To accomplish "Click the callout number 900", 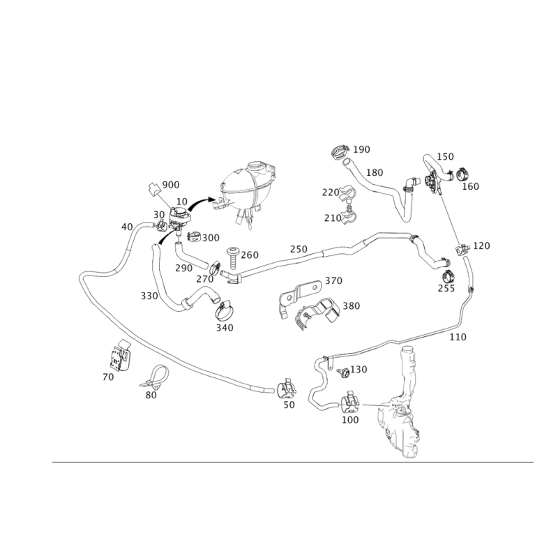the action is (x=171, y=185).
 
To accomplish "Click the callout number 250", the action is (x=299, y=249).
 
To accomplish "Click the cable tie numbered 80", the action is (x=155, y=377).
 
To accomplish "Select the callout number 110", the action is (x=458, y=337).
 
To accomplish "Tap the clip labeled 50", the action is (x=286, y=389).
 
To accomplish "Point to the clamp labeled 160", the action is (x=463, y=174).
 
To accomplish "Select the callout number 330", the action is (x=149, y=296).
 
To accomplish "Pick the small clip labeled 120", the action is (x=462, y=249).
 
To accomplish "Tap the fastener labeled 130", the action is (x=342, y=372).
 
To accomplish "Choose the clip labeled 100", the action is (x=350, y=402).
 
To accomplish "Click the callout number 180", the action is (x=375, y=172).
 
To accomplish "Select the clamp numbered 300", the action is (x=195, y=236).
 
